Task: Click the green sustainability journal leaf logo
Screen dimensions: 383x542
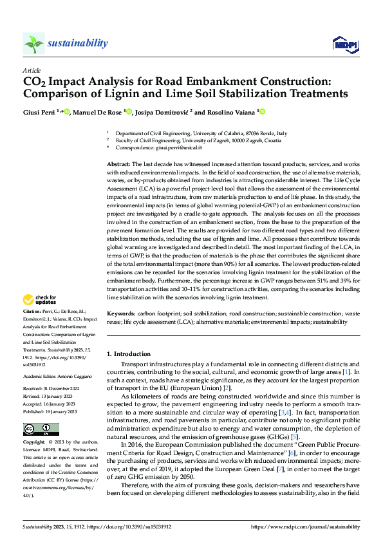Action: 33,44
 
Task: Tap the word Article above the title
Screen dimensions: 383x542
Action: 32,70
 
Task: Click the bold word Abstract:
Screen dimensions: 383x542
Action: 119,165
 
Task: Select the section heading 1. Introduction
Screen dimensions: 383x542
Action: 129,354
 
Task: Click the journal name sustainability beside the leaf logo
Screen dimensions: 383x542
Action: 77,43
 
